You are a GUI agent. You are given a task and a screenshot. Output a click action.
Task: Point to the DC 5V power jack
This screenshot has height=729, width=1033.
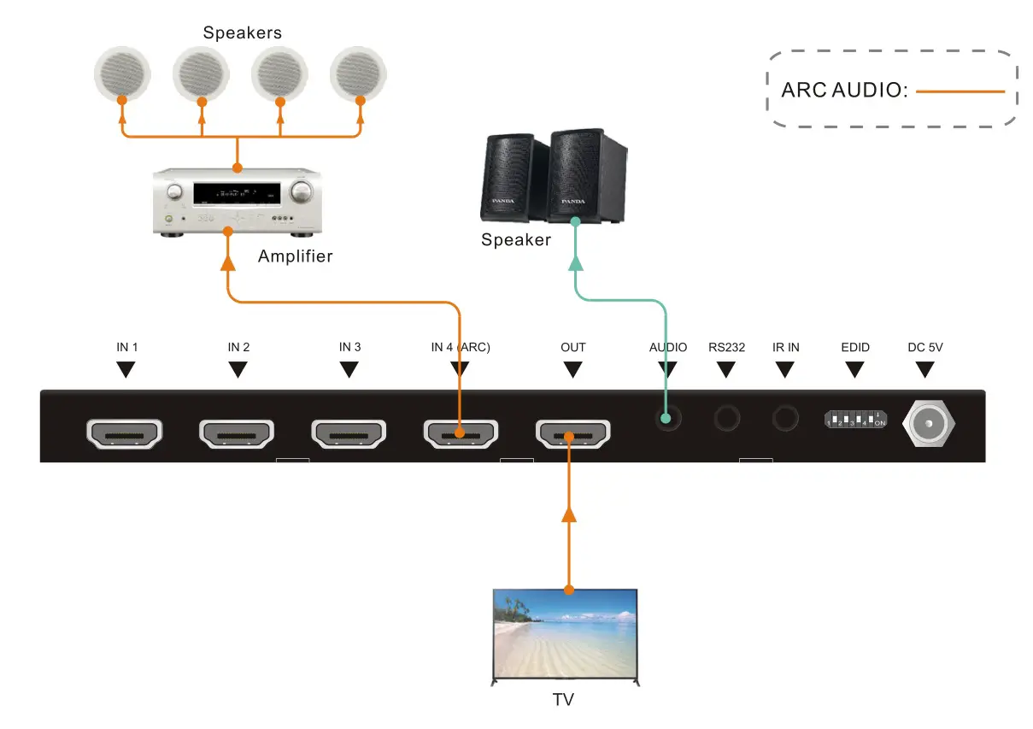coord(929,422)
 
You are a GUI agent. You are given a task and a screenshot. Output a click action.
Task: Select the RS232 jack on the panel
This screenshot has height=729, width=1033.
coord(727,418)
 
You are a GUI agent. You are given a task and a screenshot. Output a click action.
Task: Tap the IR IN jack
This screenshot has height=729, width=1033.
coord(784,418)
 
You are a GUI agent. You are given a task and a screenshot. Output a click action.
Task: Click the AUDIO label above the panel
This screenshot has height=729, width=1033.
coord(668,348)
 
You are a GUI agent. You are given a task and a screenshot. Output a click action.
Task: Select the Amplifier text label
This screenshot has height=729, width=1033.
coord(295,256)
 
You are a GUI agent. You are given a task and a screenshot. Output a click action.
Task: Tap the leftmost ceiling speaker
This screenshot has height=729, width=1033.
coord(122,71)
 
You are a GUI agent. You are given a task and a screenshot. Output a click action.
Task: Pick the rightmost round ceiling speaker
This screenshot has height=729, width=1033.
coord(360,71)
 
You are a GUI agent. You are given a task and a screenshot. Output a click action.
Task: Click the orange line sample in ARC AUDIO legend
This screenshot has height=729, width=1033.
coord(960,91)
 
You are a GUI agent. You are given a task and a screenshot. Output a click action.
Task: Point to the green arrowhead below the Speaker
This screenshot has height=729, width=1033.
coord(577,263)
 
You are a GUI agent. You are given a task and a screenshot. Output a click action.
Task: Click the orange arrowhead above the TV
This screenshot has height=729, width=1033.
coord(568,513)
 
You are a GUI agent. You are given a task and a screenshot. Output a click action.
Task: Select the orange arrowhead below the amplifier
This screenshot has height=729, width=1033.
coord(228,262)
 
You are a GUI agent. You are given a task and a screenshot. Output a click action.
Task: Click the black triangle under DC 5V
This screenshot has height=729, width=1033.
coord(925,369)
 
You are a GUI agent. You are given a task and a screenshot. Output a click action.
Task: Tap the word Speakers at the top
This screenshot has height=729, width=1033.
coord(242,33)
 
